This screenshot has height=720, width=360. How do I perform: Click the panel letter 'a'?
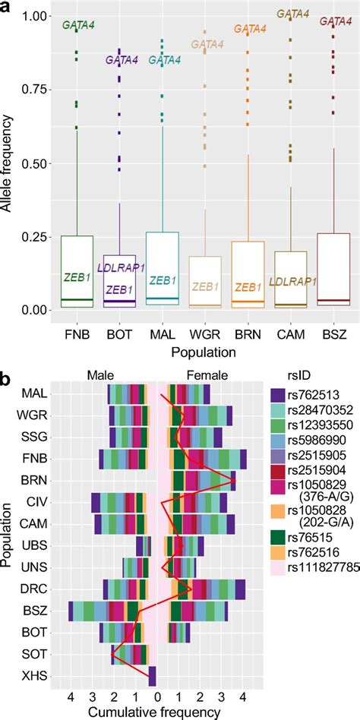[x=8, y=9]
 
